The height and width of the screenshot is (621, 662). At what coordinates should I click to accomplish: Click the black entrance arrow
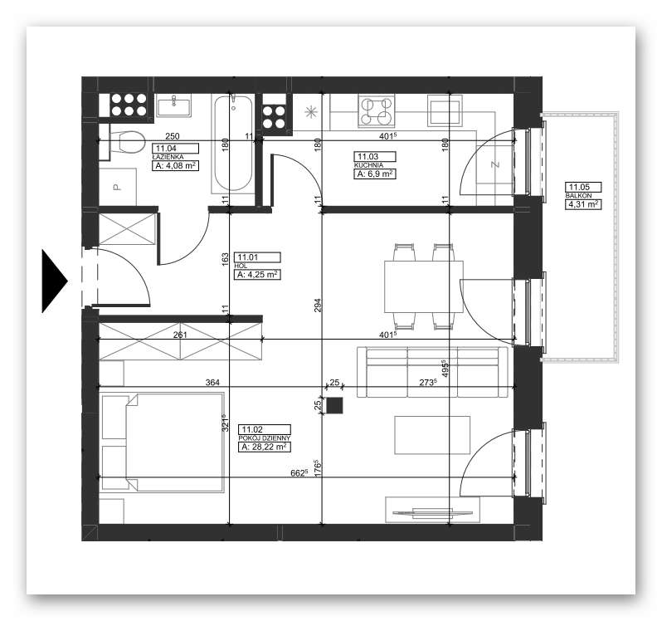[53, 281]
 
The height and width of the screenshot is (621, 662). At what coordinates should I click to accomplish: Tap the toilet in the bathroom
[127, 142]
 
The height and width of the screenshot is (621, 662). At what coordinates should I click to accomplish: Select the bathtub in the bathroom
[233, 143]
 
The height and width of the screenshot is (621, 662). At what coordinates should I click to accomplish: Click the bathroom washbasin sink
[173, 105]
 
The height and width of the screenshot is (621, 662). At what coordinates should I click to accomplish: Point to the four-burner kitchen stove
[377, 110]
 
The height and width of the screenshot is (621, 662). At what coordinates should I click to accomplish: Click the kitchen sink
[445, 110]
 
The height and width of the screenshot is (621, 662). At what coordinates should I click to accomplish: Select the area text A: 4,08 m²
[175, 165]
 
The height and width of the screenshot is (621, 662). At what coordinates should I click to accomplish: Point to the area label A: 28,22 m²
[265, 447]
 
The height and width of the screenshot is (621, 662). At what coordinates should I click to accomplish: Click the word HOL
[243, 266]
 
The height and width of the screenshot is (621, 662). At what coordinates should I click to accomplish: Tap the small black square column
[334, 405]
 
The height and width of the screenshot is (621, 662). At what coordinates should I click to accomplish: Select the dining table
[423, 287]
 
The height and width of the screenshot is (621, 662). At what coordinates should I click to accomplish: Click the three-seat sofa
[432, 372]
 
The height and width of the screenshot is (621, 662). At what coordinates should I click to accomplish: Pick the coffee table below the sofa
[432, 435]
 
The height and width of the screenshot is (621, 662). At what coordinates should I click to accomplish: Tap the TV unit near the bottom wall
[432, 510]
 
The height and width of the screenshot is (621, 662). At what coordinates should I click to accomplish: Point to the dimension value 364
[212, 383]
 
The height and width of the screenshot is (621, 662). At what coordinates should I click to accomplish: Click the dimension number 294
[318, 305]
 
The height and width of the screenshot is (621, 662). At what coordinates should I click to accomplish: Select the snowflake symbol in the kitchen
[311, 112]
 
